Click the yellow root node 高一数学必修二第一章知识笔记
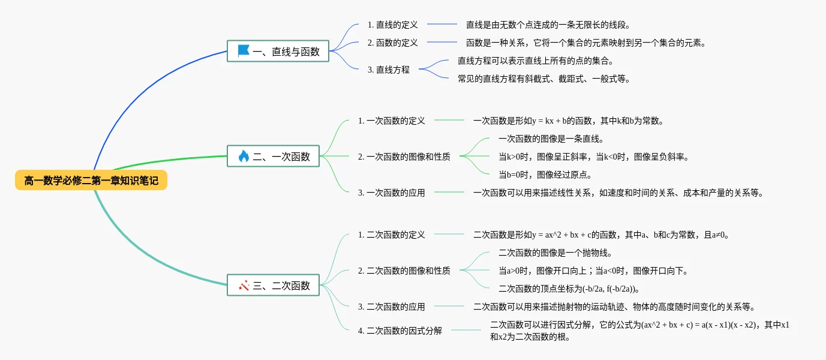tap(91, 180)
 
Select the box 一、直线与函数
tap(278, 52)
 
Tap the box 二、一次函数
tap(273, 157)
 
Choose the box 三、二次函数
tap(273, 286)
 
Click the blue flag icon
tap(244, 51)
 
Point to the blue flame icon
tap(244, 157)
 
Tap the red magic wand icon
tap(244, 286)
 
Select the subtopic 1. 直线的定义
tap(392, 25)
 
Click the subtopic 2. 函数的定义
tap(392, 43)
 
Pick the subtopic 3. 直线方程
tap(388, 70)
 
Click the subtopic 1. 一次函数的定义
tap(391, 121)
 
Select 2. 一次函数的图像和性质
tap(404, 157)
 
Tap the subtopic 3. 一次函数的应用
tap(391, 193)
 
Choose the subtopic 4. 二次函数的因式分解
tap(400, 331)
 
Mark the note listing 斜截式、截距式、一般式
tap(544, 79)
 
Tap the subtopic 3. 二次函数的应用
tap(391, 307)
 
